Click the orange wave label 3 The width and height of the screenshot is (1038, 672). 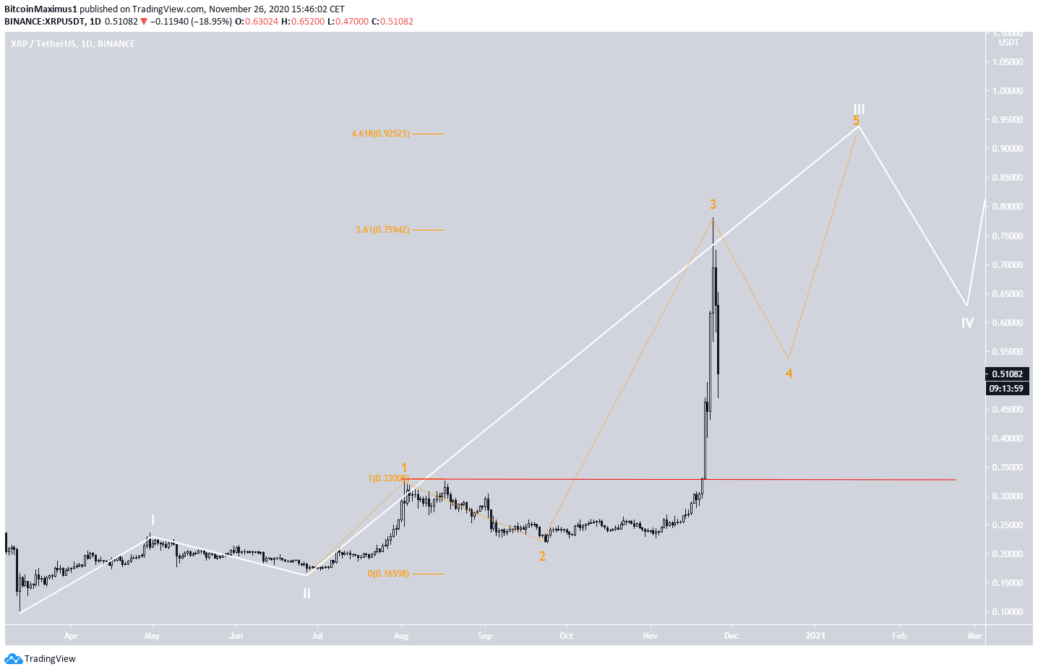[x=713, y=204]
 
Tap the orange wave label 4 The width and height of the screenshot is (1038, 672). [x=789, y=374]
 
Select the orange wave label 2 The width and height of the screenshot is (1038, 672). [x=542, y=556]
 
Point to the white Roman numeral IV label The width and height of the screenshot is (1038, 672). [x=967, y=323]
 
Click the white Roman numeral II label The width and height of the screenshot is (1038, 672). [x=306, y=593]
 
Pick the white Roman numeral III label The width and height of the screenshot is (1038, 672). [x=859, y=109]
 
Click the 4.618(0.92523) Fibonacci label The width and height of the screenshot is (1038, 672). [x=380, y=134]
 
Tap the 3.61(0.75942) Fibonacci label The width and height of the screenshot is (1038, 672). [x=382, y=230]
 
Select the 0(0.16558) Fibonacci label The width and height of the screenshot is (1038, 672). [x=388, y=574]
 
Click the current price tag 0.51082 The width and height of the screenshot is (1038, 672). [x=1006, y=374]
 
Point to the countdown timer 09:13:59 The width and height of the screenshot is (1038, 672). [x=1006, y=389]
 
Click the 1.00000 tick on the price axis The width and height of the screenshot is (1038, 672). [x=1008, y=91]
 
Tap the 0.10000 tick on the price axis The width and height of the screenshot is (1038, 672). [x=1008, y=612]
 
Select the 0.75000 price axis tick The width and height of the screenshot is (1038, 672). [x=1008, y=236]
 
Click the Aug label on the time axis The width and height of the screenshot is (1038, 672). [x=401, y=636]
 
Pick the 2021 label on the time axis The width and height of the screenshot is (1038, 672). [x=815, y=636]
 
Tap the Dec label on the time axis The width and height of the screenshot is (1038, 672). [x=732, y=636]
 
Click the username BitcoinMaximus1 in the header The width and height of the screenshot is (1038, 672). [x=40, y=9]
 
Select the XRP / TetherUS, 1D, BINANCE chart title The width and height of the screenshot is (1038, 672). [x=73, y=44]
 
